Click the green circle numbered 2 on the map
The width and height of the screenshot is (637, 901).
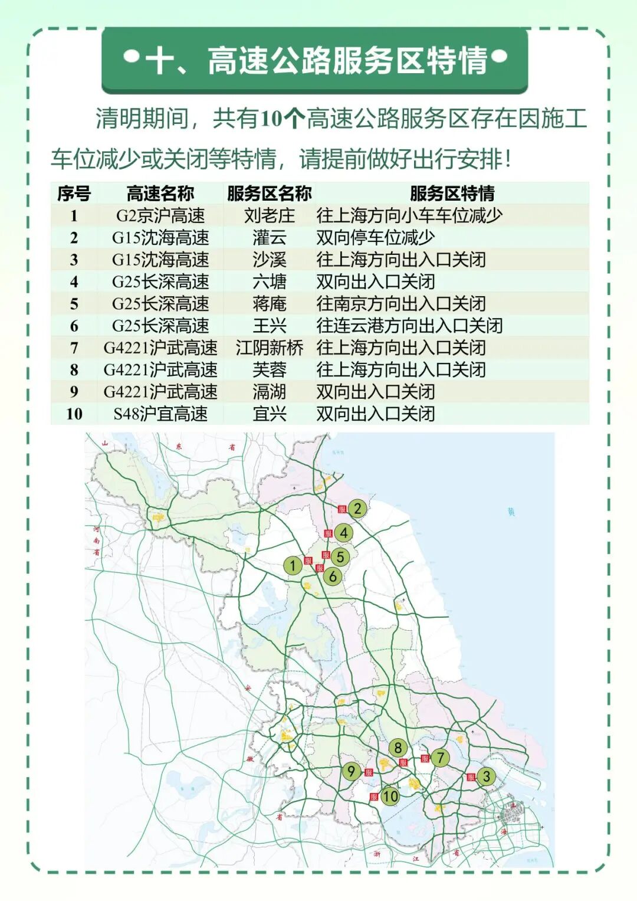(357, 508)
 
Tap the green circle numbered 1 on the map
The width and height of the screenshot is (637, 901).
(293, 566)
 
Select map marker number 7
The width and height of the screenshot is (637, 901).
(440, 758)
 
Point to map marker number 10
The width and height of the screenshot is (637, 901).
(390, 797)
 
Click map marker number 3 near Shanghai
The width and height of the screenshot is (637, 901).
(486, 777)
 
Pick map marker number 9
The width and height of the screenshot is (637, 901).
(352, 771)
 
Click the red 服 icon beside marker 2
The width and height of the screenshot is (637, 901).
(342, 509)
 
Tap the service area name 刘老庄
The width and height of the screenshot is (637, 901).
(270, 215)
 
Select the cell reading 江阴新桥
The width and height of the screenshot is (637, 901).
(270, 348)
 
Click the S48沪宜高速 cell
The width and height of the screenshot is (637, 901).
(160, 414)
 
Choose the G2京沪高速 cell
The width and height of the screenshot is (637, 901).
(160, 215)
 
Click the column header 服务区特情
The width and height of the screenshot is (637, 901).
(452, 193)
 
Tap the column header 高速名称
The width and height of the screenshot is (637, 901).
(160, 193)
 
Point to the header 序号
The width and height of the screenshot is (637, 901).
(74, 193)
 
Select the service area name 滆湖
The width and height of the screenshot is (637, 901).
(270, 392)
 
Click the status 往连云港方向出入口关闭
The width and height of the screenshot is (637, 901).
(409, 326)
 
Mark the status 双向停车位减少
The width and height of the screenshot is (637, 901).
(376, 238)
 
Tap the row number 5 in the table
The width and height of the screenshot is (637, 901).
(74, 304)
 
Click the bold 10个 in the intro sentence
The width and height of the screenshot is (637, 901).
(282, 119)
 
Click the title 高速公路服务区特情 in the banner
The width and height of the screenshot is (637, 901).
(348, 60)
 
